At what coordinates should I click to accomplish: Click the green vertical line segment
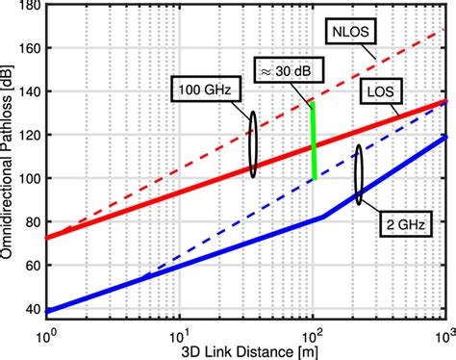314,141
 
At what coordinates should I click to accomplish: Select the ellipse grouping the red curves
253,142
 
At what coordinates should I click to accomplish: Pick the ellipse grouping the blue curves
360,174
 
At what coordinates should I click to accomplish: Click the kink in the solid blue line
323,218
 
